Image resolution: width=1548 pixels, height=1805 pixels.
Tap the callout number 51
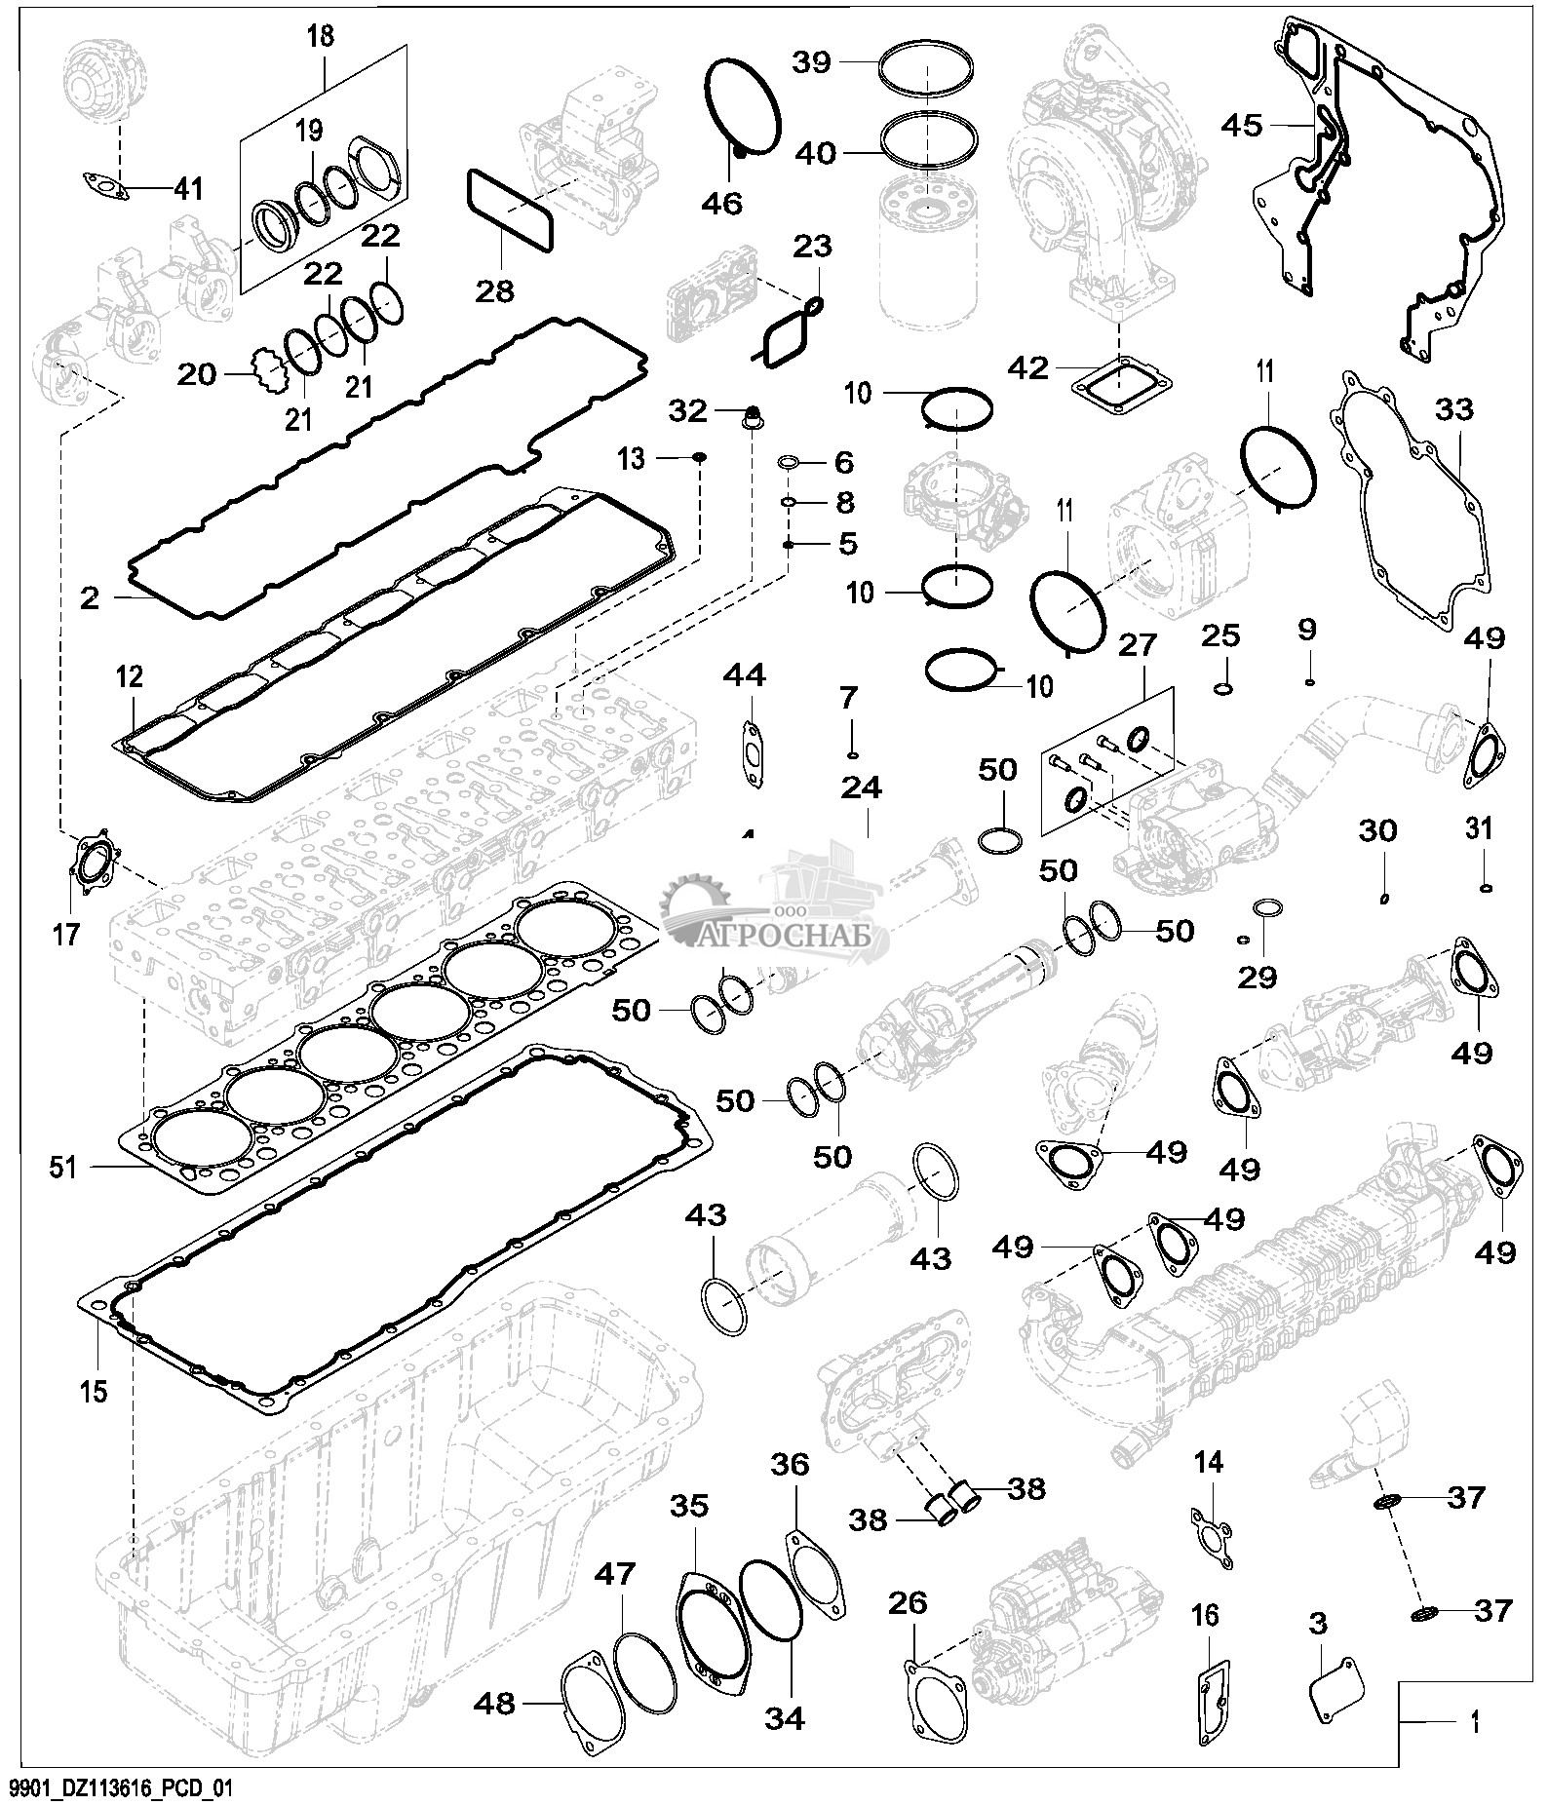pos(63,1166)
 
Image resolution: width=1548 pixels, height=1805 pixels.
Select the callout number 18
pos(320,36)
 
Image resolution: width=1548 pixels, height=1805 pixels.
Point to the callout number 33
pos(1454,410)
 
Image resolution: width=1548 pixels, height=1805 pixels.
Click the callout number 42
pos(1029,367)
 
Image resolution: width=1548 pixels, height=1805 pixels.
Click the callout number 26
pos(908,1603)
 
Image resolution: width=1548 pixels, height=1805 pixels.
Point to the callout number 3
pos(1317,1624)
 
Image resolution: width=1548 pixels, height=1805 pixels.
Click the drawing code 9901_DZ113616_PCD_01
pos(121,1788)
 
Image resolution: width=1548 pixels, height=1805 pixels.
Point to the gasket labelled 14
pos(1211,1545)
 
